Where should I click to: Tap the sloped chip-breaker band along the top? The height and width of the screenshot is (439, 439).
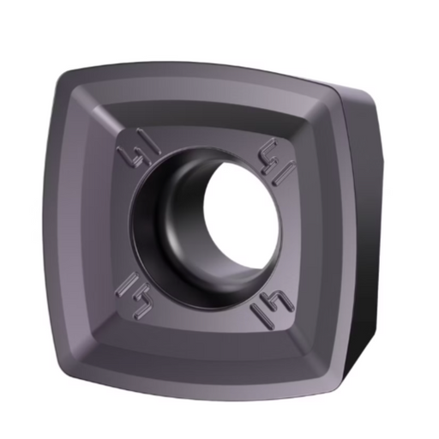pos(206,96)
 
